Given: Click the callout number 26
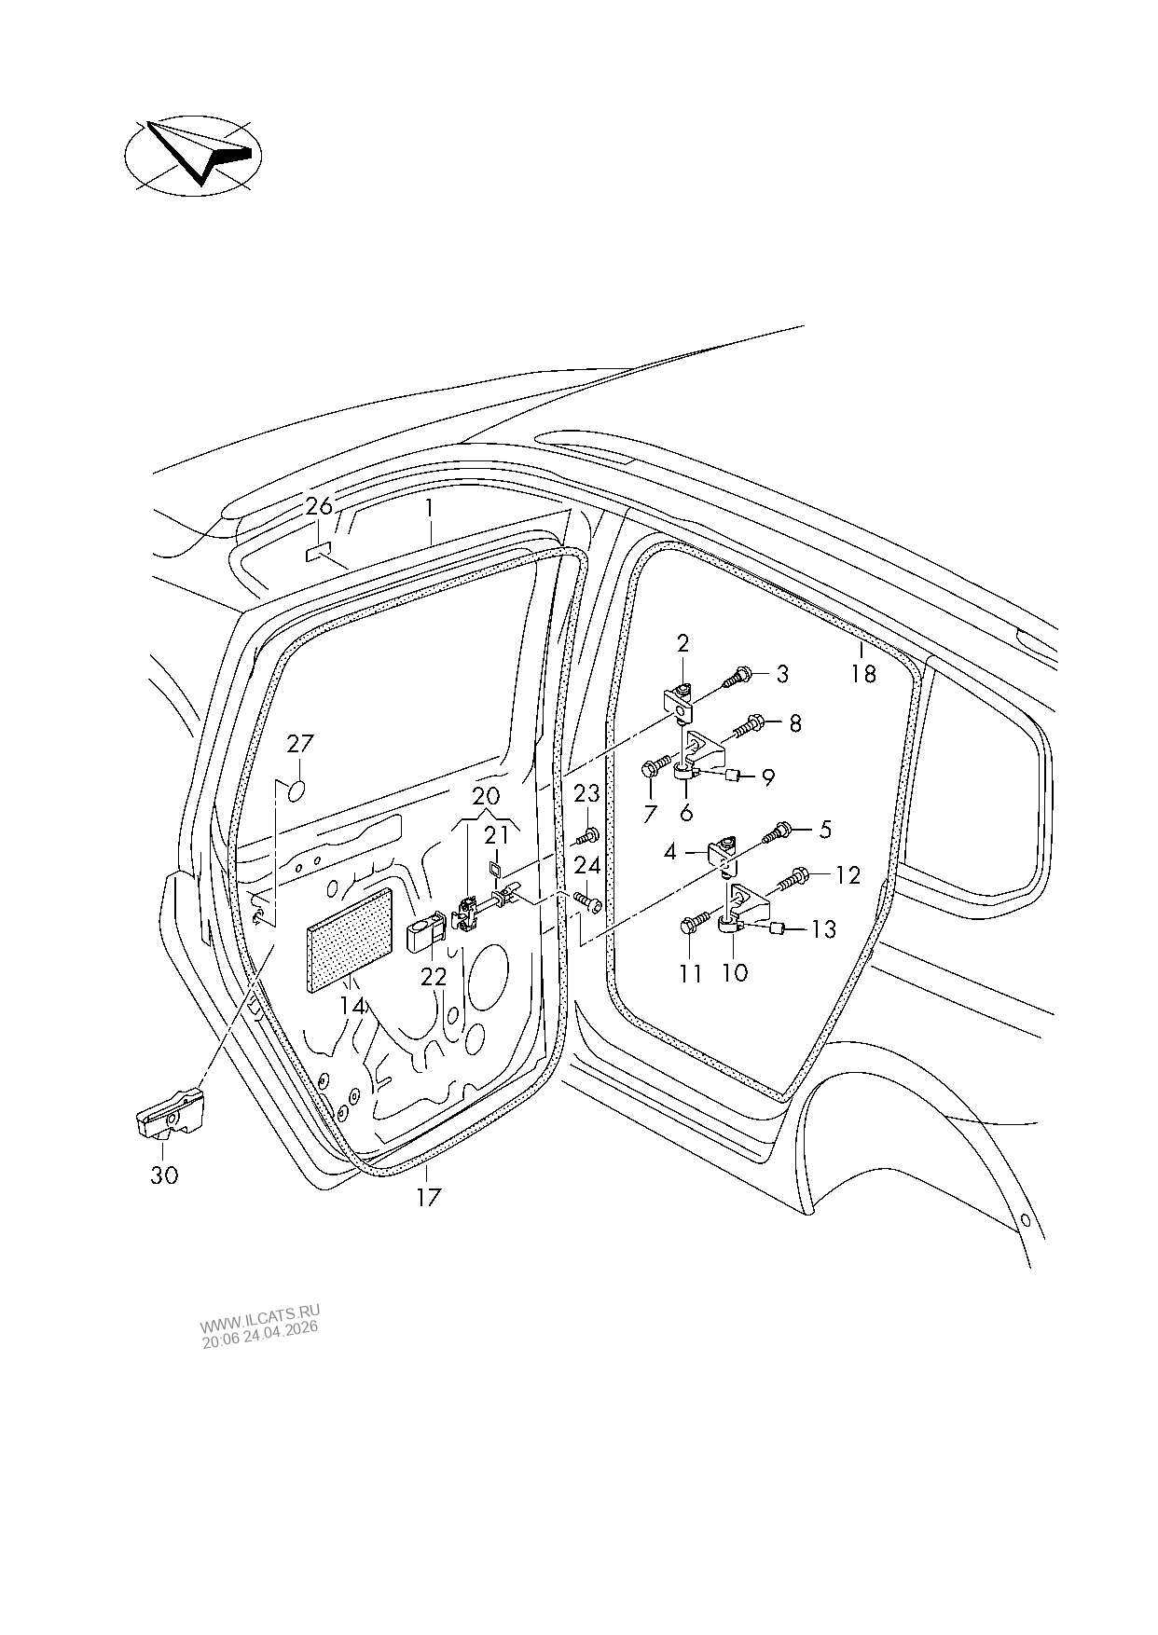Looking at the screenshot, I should point(318,508).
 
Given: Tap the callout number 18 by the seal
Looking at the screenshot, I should point(863,673).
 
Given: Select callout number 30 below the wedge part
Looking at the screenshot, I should point(164,1176).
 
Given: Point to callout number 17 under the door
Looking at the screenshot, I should point(427,1198).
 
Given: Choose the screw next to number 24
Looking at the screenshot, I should point(586,902).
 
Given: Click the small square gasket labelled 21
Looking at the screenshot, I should point(496,871).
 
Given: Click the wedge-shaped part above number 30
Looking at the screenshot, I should point(171,1112).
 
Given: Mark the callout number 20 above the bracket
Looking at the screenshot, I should point(487,797).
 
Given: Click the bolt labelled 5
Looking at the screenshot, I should point(781,830).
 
